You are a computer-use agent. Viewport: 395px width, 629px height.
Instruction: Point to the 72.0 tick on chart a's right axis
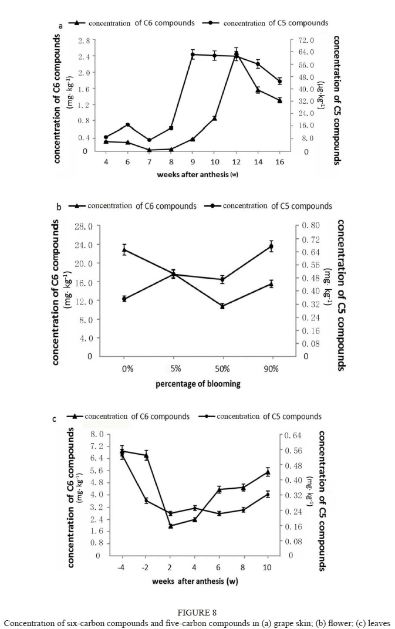[307, 40]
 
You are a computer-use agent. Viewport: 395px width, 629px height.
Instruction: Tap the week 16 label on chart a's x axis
[279, 162]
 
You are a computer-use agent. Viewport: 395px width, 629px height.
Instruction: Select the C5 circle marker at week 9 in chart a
[193, 55]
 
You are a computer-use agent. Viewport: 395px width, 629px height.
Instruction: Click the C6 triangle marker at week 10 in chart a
[215, 118]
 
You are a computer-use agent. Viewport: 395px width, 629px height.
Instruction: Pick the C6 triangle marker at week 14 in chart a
[258, 89]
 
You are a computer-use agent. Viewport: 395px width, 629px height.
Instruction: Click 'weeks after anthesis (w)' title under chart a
[197, 174]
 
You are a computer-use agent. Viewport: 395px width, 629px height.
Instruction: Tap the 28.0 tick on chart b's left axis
[84, 226]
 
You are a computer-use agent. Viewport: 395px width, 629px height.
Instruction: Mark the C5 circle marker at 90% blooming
[271, 246]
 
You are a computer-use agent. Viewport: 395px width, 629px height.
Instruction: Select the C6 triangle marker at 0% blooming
[124, 250]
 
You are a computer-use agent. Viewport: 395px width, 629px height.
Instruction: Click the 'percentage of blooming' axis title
[198, 384]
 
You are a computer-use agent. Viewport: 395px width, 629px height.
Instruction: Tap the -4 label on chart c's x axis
[121, 567]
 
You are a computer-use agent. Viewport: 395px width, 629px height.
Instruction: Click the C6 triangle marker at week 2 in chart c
[170, 526]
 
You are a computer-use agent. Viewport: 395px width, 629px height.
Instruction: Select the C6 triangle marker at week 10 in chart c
[268, 472]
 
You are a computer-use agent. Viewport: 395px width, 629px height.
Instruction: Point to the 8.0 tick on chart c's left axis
[97, 435]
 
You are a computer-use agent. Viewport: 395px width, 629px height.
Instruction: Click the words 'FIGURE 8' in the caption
[197, 613]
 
